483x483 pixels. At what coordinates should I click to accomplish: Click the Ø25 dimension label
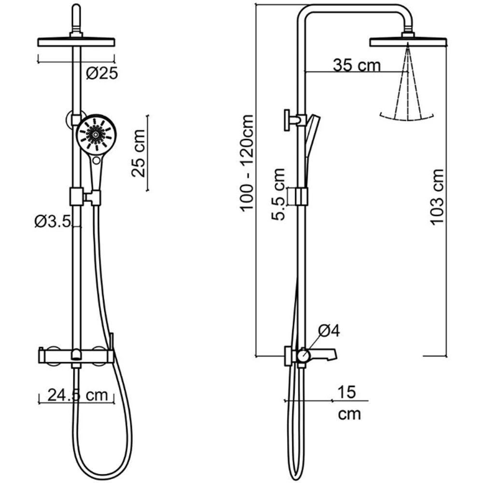(x=102, y=73)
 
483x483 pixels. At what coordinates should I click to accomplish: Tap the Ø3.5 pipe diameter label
(x=53, y=222)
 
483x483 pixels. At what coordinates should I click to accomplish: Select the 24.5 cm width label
(x=78, y=395)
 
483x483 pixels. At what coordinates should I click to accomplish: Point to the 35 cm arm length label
(x=357, y=65)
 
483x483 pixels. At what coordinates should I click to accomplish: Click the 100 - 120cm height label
(x=247, y=163)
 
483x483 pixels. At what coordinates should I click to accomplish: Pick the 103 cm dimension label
(x=437, y=197)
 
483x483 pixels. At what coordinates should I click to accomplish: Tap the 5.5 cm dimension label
(x=278, y=194)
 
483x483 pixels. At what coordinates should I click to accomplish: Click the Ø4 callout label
(x=329, y=330)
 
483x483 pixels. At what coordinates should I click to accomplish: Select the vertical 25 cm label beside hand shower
(x=138, y=153)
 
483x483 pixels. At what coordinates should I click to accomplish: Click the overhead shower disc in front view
(x=76, y=42)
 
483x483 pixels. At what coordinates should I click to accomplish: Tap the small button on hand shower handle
(x=97, y=160)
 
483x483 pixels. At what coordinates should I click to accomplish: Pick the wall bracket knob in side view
(x=288, y=120)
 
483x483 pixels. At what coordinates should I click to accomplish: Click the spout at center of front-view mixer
(x=76, y=355)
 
